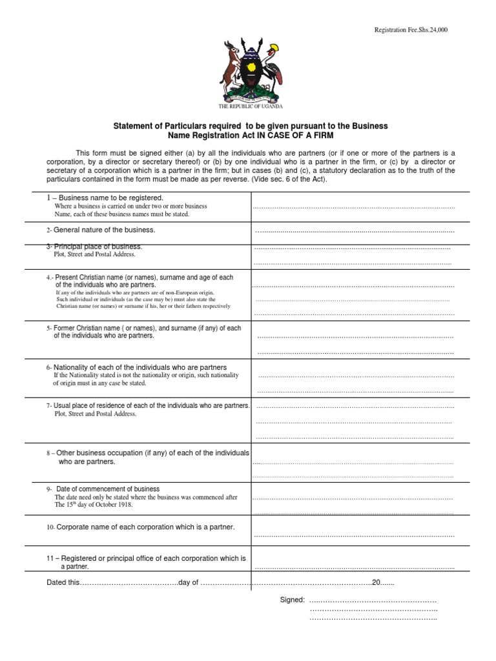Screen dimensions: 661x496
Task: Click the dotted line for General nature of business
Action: [x=355, y=231]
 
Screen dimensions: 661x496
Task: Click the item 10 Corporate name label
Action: [x=140, y=527]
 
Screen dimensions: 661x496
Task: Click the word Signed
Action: [x=292, y=600]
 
